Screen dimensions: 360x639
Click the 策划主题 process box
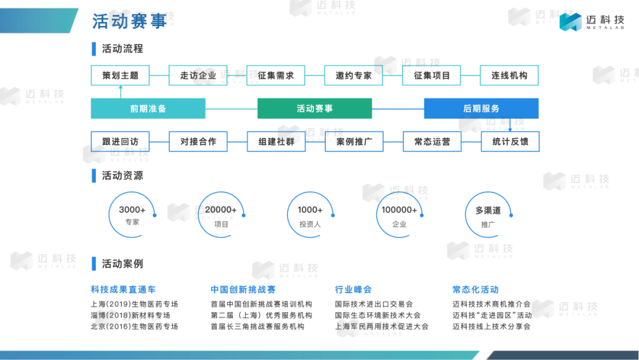[x=120, y=76]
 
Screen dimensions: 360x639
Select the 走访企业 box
[x=198, y=76]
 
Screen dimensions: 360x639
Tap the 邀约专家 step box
[x=354, y=76]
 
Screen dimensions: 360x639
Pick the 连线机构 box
[x=509, y=76]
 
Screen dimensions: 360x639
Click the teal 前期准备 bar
[x=148, y=109]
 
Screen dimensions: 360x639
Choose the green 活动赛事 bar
[x=314, y=109]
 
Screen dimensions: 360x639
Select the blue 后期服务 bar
[x=481, y=109]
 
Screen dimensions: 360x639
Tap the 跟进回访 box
[x=120, y=142]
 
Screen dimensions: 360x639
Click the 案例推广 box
[x=354, y=142]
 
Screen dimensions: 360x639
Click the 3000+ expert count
[x=132, y=210]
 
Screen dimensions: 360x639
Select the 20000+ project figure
[x=221, y=210]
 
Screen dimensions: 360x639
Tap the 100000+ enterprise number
[x=399, y=210]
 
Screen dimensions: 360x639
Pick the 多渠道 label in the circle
[x=488, y=210]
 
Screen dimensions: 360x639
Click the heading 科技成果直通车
[x=123, y=290]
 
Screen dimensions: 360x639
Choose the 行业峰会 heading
[x=353, y=290]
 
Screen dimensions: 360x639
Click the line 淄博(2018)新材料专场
[x=130, y=316]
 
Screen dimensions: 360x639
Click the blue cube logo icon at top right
[x=570, y=22]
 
